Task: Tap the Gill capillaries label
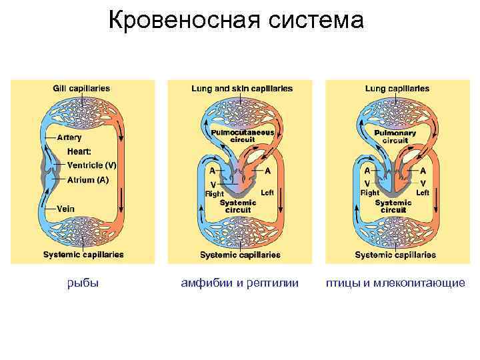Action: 81,89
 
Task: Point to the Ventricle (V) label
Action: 92,165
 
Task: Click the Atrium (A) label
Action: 88,180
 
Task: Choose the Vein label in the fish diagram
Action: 65,209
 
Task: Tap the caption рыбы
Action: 83,283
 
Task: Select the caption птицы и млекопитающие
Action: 395,283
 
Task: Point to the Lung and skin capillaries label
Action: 241,89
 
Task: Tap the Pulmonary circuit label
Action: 395,137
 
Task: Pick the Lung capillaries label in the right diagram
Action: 397,89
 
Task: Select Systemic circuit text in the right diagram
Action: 393,206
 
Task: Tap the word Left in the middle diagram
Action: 267,192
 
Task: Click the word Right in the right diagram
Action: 369,193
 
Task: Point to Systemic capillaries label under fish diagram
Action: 83,255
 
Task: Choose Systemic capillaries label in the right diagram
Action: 395,255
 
